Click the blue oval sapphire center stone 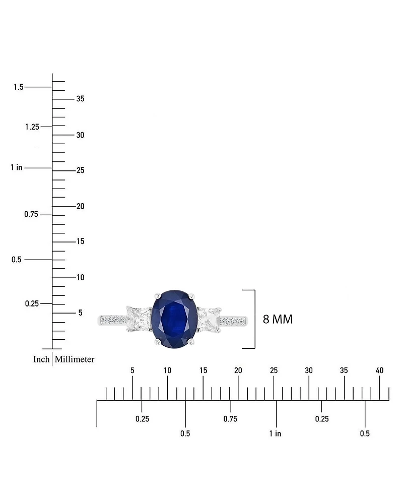174,318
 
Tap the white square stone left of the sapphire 138,319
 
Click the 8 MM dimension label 278,319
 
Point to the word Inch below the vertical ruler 41,359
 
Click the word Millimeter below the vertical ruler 75,359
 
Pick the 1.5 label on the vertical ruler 19,87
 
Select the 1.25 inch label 32,127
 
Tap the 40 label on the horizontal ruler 380,371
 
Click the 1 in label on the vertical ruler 16,167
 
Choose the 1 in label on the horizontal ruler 275,434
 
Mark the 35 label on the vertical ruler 80,99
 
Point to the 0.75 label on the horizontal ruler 230,419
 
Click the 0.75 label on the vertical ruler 32,214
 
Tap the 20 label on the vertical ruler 80,206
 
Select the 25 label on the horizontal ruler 274,371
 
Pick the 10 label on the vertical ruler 80,278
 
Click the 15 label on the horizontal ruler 203,371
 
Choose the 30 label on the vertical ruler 80,135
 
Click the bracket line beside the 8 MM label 254,319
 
